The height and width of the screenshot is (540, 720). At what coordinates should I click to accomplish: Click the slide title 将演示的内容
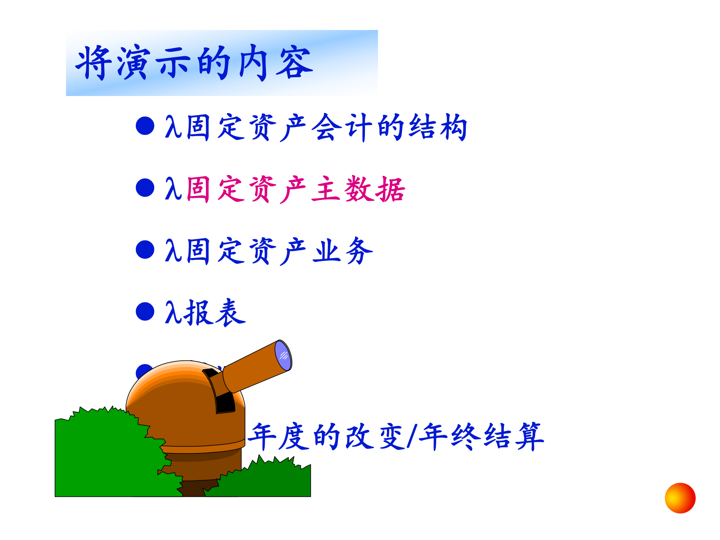[x=194, y=63]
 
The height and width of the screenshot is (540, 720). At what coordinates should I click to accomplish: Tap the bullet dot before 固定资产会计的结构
[x=145, y=126]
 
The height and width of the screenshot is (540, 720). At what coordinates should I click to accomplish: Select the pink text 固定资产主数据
[x=296, y=189]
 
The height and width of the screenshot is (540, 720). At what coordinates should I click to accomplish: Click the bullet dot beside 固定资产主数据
[x=145, y=187]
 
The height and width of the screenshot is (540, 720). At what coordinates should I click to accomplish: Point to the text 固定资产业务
[x=279, y=251]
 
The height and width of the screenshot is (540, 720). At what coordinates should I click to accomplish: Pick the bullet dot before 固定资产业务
[x=145, y=250]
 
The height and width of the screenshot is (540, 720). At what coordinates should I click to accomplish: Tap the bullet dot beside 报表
[x=145, y=312]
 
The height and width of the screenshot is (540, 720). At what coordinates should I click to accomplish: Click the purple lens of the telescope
[x=283, y=355]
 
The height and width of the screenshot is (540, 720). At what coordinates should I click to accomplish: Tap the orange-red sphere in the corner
[x=680, y=498]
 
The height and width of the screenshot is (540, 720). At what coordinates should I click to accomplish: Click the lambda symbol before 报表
[x=173, y=312]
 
